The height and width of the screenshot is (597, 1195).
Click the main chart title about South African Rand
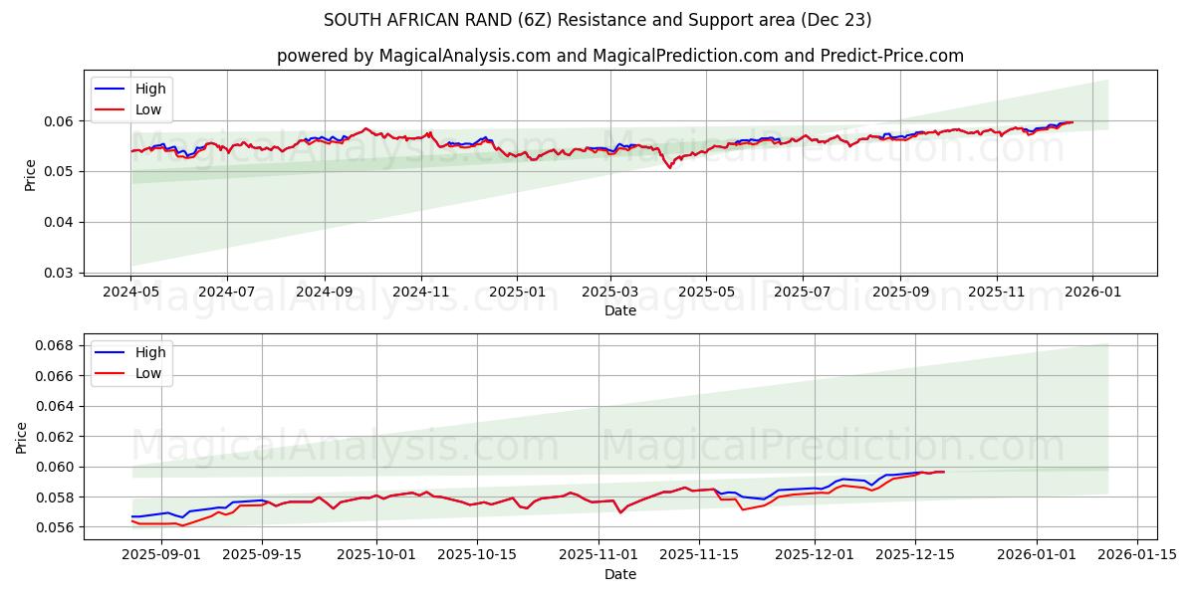(597, 20)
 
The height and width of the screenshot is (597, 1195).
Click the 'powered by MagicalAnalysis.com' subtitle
(619, 56)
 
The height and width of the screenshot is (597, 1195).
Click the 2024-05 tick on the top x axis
(130, 293)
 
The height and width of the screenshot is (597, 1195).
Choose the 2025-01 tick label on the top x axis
(517, 293)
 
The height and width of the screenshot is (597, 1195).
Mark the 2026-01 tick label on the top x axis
(1092, 293)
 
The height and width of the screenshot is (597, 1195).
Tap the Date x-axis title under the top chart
(619, 310)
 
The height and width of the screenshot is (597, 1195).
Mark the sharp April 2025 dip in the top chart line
(669, 167)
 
